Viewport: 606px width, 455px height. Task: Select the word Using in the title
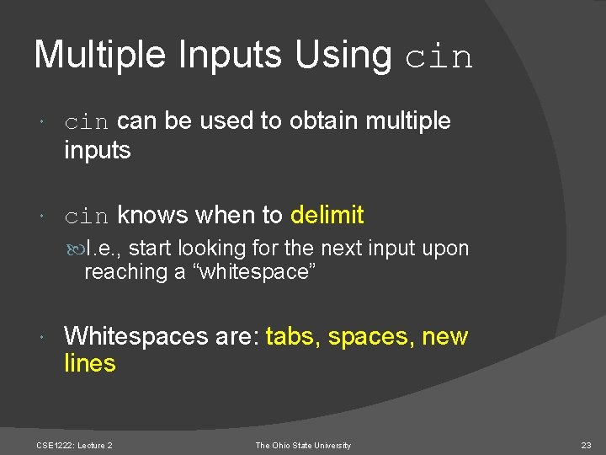click(343, 55)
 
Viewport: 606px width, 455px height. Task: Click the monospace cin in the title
click(439, 57)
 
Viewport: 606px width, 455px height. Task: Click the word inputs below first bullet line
click(98, 151)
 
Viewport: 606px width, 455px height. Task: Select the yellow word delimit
click(327, 216)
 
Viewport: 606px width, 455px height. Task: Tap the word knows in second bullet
click(153, 216)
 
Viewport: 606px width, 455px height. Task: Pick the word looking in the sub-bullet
click(208, 249)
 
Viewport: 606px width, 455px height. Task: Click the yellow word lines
click(90, 364)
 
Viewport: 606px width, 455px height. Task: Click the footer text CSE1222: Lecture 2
click(75, 446)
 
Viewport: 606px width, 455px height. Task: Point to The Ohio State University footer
click(303, 446)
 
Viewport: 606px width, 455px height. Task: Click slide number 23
click(586, 446)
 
